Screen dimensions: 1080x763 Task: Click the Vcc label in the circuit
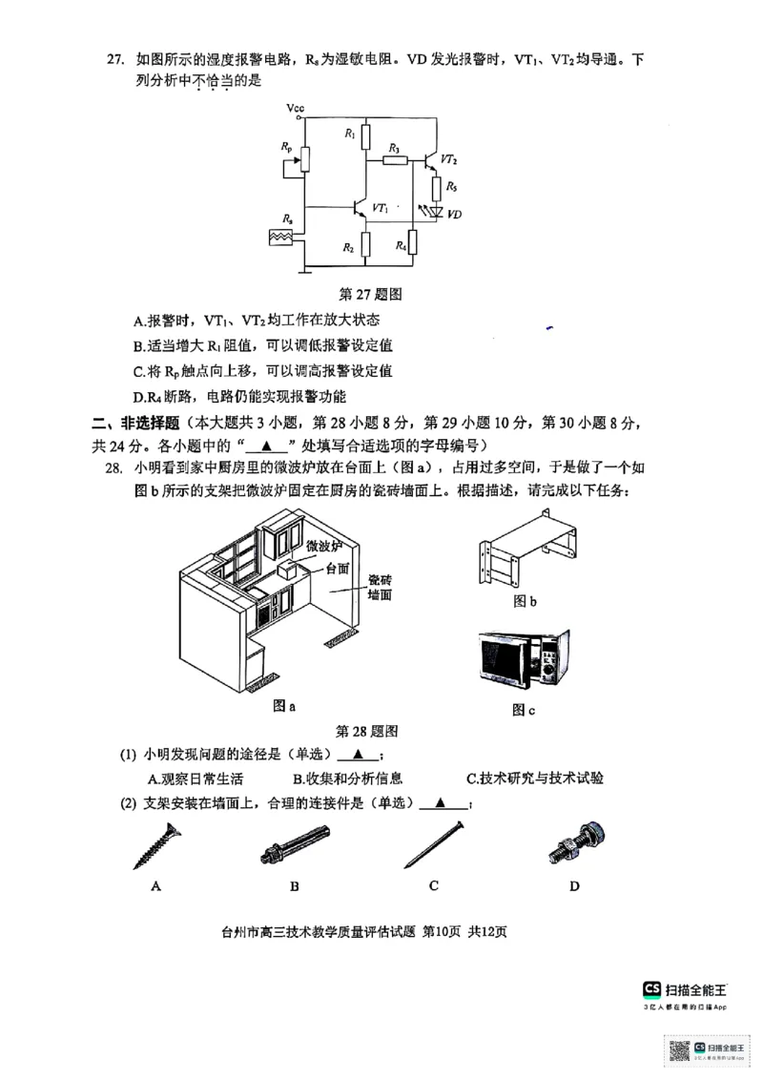pyautogui.click(x=296, y=110)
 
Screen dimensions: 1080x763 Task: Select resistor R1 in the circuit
pyautogui.click(x=367, y=136)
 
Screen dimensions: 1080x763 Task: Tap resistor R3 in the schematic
pyautogui.click(x=395, y=159)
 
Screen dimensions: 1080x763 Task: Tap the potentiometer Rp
pyautogui.click(x=303, y=158)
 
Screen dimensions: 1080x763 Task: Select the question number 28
pyautogui.click(x=113, y=468)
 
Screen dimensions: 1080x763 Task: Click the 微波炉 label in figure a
pyautogui.click(x=323, y=547)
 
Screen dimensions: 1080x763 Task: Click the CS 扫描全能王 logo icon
pyautogui.click(x=652, y=989)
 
